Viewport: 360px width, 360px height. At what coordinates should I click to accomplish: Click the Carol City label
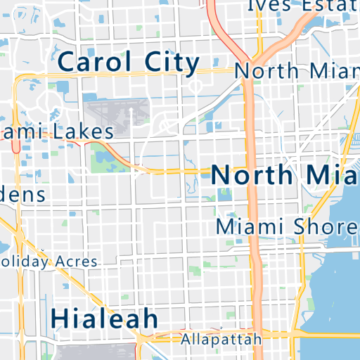click(129, 63)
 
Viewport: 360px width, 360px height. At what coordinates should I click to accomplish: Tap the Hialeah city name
click(105, 319)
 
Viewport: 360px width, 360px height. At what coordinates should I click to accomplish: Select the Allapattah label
click(221, 339)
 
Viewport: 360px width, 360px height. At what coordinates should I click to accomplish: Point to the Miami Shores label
click(287, 227)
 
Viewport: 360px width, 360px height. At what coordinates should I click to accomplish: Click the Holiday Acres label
click(49, 262)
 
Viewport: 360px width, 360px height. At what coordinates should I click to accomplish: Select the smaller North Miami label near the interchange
click(295, 71)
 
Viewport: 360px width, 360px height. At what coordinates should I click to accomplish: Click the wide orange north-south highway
click(251, 211)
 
